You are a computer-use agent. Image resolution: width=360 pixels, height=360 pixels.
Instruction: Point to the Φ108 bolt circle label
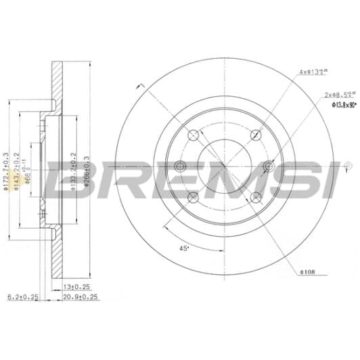[x=308, y=273]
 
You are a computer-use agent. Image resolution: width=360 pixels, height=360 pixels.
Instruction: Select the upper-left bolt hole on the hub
[x=193, y=134]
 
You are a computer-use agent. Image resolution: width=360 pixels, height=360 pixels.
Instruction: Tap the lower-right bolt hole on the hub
[x=256, y=197]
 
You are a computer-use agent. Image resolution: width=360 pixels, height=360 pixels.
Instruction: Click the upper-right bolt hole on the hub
[x=256, y=134]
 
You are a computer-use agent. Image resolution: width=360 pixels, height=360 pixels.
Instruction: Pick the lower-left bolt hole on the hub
[x=193, y=197]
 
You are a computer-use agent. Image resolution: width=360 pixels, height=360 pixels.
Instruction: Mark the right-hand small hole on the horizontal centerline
[x=269, y=166]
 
